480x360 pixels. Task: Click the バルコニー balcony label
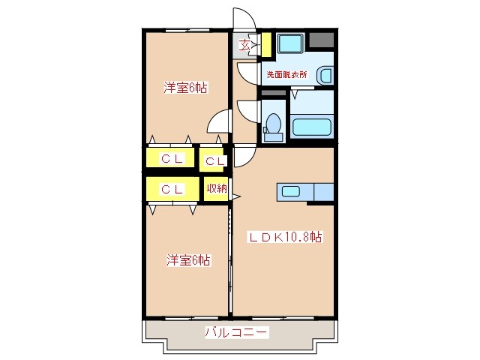pos(236,331)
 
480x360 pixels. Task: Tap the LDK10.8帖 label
pos(285,237)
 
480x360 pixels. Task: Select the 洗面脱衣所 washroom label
pos(286,74)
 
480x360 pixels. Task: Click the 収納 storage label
pos(217,188)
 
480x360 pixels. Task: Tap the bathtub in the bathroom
pos(312,127)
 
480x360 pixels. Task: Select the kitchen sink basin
pos(290,192)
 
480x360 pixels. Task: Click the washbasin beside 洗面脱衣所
pos(325,75)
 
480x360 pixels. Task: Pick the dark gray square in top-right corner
pos(321,40)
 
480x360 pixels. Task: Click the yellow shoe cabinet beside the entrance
pos(266,44)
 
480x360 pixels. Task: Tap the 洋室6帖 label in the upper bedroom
pos(185,88)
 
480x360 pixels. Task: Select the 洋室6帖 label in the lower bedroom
pos(188,260)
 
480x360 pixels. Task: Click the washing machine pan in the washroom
pos(290,43)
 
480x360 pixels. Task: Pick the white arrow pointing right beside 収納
pos(237,196)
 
